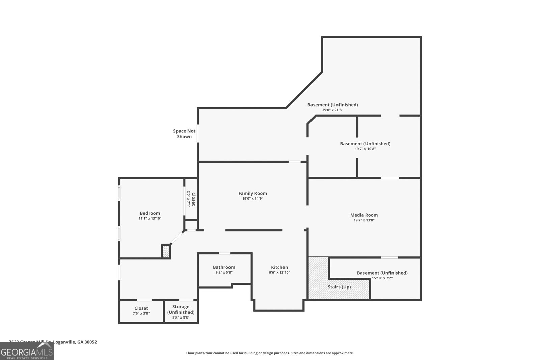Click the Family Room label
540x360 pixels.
[x=252, y=193]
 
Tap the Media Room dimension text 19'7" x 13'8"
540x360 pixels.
[x=364, y=220]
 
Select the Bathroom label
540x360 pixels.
[x=224, y=267]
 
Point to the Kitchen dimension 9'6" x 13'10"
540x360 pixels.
[x=279, y=273]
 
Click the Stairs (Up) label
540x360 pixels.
[x=339, y=287]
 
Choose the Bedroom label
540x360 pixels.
[x=150, y=213]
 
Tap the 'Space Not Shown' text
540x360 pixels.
[x=184, y=134]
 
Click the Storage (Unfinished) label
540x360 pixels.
[x=181, y=309]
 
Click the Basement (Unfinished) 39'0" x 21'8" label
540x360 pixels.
[x=332, y=105]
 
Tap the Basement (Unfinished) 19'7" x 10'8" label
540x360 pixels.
[x=365, y=144]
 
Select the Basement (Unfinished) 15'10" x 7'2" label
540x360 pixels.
[x=382, y=273]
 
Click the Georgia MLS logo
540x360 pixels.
[x=27, y=351]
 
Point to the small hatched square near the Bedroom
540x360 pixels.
[x=166, y=251]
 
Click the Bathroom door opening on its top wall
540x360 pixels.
[x=224, y=253]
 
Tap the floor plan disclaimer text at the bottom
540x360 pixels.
[x=270, y=353]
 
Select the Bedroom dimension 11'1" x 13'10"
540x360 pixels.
[x=150, y=219]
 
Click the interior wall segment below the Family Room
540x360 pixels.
[x=254, y=230]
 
